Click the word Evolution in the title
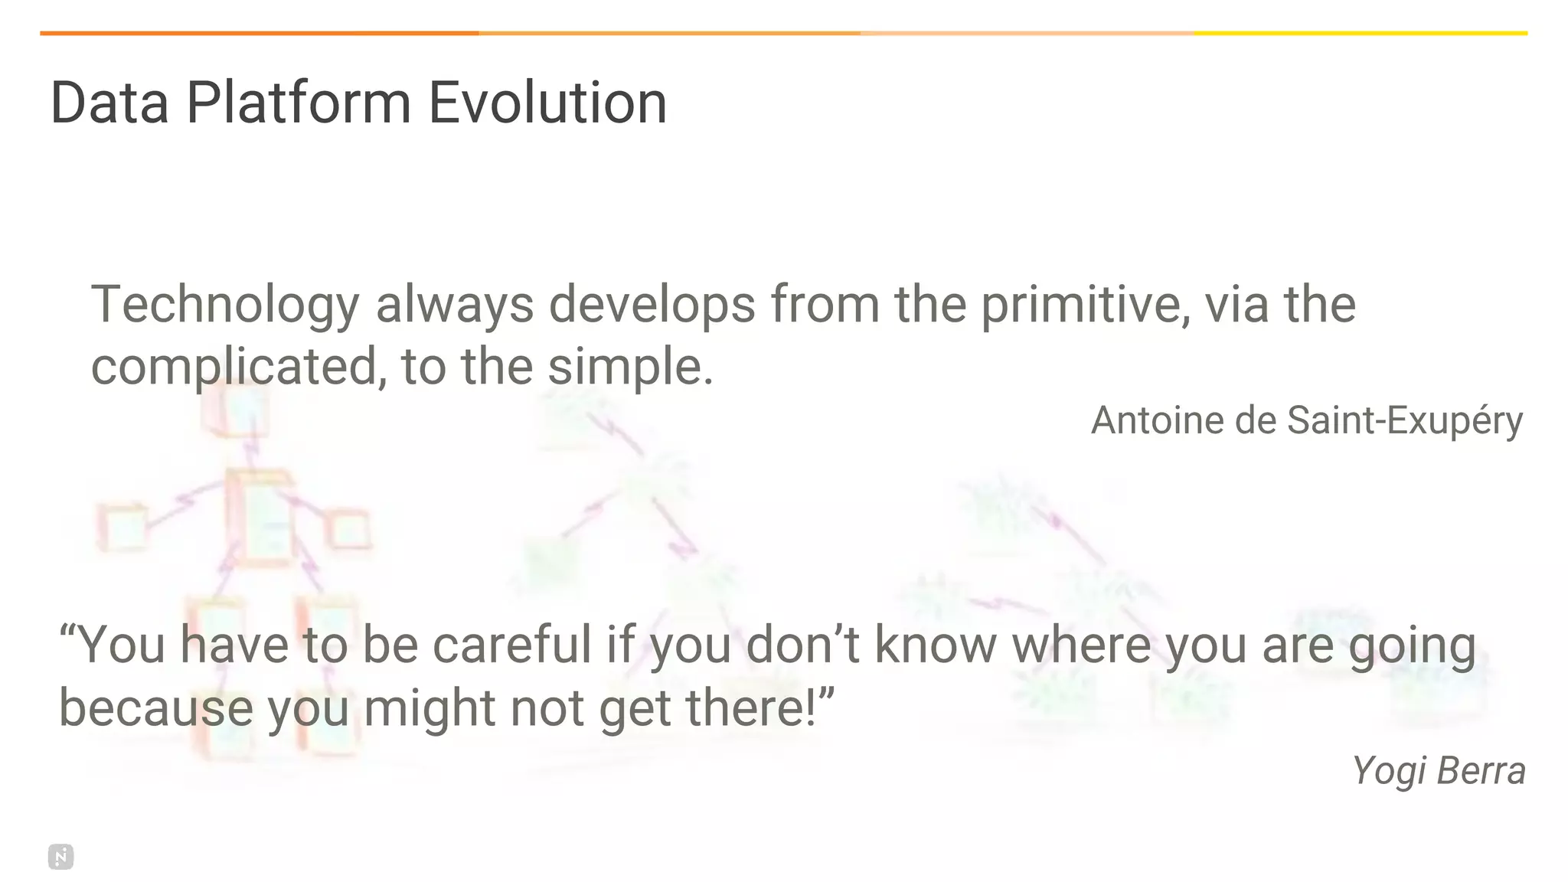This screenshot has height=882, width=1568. [x=547, y=103]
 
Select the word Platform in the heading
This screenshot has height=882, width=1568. [x=299, y=103]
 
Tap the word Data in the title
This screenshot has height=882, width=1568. [x=109, y=103]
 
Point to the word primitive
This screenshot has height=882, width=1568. [x=1085, y=305]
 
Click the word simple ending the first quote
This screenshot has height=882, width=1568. [x=629, y=367]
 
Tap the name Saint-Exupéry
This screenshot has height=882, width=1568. [x=1404, y=420]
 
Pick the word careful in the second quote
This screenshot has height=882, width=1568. [x=512, y=645]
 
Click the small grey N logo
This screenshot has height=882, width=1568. [x=60, y=857]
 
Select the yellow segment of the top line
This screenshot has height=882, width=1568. [x=1360, y=33]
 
